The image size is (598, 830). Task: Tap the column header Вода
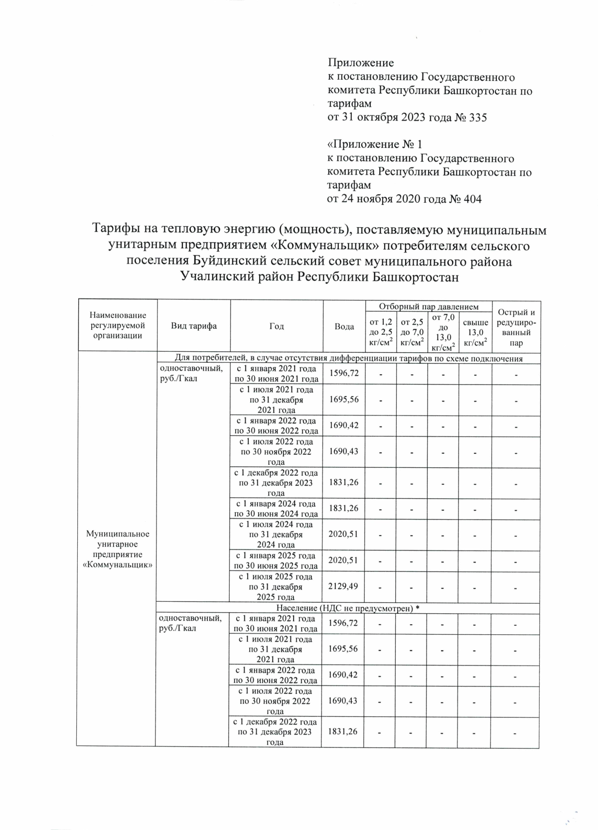344,326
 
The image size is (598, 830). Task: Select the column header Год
277,326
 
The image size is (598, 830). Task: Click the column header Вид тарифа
194,326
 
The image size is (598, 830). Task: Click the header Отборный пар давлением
429,306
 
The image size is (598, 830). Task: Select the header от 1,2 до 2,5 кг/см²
380,332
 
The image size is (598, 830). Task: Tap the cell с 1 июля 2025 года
276,586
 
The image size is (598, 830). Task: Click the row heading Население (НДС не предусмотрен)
347,608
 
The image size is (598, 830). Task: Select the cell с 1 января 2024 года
276,509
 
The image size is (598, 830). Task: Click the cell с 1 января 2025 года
276,560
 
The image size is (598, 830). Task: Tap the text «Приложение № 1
374,145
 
